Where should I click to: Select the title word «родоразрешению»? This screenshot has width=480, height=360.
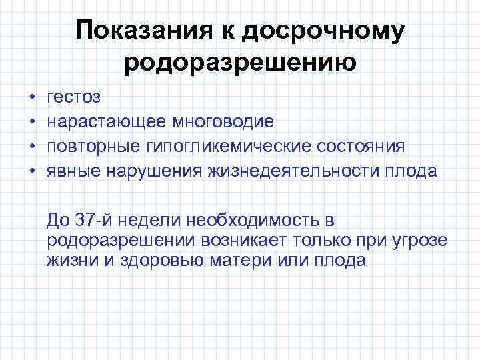tap(240, 63)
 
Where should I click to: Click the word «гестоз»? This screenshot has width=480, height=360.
tap(73, 97)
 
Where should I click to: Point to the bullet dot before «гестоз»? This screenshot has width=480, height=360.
tap(33, 97)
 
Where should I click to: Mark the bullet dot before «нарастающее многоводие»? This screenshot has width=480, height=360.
tap(33, 122)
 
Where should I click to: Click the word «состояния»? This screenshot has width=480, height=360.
tap(368, 147)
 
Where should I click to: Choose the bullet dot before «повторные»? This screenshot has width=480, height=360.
tap(33, 147)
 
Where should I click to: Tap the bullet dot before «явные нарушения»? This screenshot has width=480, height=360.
tap(33, 171)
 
